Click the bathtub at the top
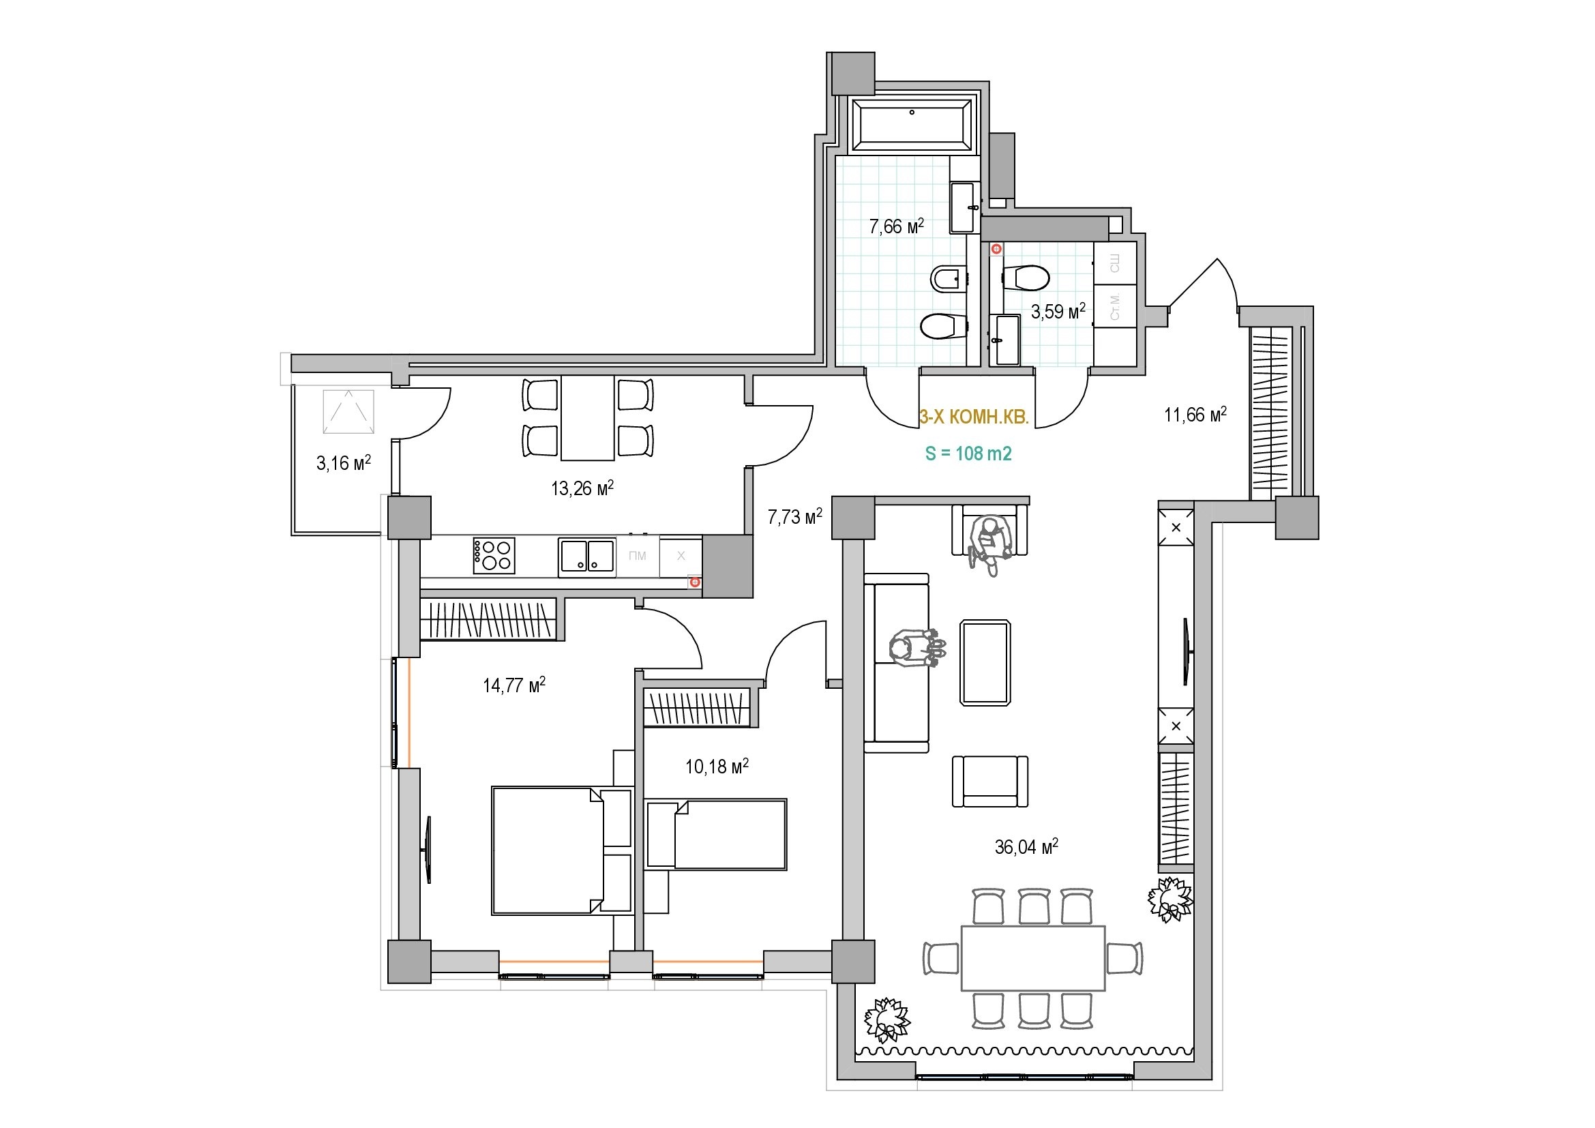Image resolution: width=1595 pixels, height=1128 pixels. (x=912, y=125)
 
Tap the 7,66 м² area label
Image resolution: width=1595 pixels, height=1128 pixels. (x=896, y=226)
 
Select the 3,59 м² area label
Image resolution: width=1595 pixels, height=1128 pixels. (x=1058, y=312)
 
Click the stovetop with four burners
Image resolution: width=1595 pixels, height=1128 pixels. (x=494, y=555)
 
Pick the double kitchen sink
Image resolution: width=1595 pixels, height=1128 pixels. (x=587, y=557)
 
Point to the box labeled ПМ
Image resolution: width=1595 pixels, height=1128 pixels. (x=637, y=556)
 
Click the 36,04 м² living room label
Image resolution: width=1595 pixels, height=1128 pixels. (x=1026, y=847)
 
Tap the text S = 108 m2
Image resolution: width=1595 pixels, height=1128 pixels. (x=968, y=454)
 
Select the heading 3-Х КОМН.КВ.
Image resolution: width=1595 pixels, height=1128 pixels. (x=973, y=417)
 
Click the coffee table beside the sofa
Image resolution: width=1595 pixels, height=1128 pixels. (x=985, y=663)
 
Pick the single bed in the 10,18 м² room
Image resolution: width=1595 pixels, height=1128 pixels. (x=716, y=834)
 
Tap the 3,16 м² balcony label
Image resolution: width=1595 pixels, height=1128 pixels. (x=343, y=463)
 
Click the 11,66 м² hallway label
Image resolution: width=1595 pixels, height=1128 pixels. (x=1195, y=415)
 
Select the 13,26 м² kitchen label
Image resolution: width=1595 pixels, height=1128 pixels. (x=582, y=489)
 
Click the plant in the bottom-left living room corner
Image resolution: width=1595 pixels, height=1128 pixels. (x=886, y=1020)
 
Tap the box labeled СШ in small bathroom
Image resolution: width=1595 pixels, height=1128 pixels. (x=1114, y=263)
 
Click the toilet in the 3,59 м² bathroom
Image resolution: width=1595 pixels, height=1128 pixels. (x=1027, y=278)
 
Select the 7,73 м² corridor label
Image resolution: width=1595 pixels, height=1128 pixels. (x=794, y=517)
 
